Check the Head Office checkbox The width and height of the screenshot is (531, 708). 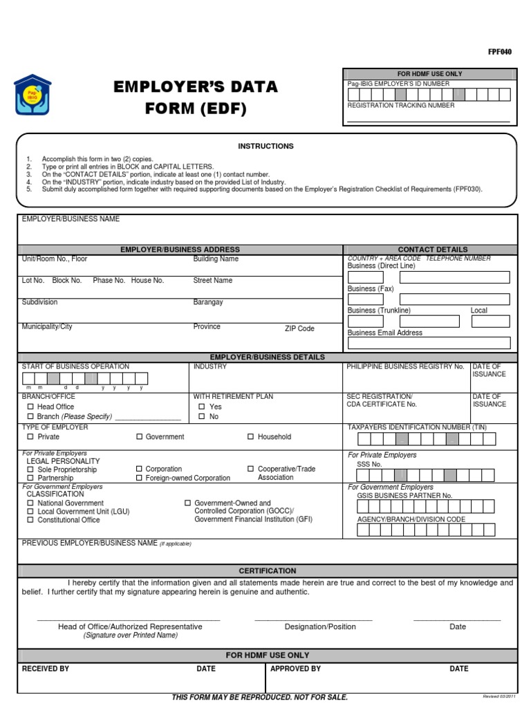pos(30,407)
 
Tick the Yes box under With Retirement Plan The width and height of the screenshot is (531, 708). pos(202,407)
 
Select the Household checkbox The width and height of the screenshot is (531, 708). pos(251,437)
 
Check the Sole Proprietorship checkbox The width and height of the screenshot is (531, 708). pos(30,469)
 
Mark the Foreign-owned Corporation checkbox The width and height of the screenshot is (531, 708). pos(139,478)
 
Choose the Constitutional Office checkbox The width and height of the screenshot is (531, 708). pos(30,520)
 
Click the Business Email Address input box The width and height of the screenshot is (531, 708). pos(429,343)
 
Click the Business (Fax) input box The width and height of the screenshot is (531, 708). pos(429,299)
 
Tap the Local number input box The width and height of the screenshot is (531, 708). pos(490,321)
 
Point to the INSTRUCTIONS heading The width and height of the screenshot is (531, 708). pos(265,147)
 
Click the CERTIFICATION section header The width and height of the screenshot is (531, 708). pos(268,571)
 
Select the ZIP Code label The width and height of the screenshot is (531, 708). pos(299,329)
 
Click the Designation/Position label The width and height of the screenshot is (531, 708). pos(320,626)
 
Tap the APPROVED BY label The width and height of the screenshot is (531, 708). pos(295,669)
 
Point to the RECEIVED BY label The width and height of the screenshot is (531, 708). pos(46,669)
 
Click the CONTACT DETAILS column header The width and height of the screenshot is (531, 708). pos(432,250)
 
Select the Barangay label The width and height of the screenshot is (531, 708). pos(207,302)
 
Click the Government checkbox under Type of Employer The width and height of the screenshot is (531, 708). pos(139,437)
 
